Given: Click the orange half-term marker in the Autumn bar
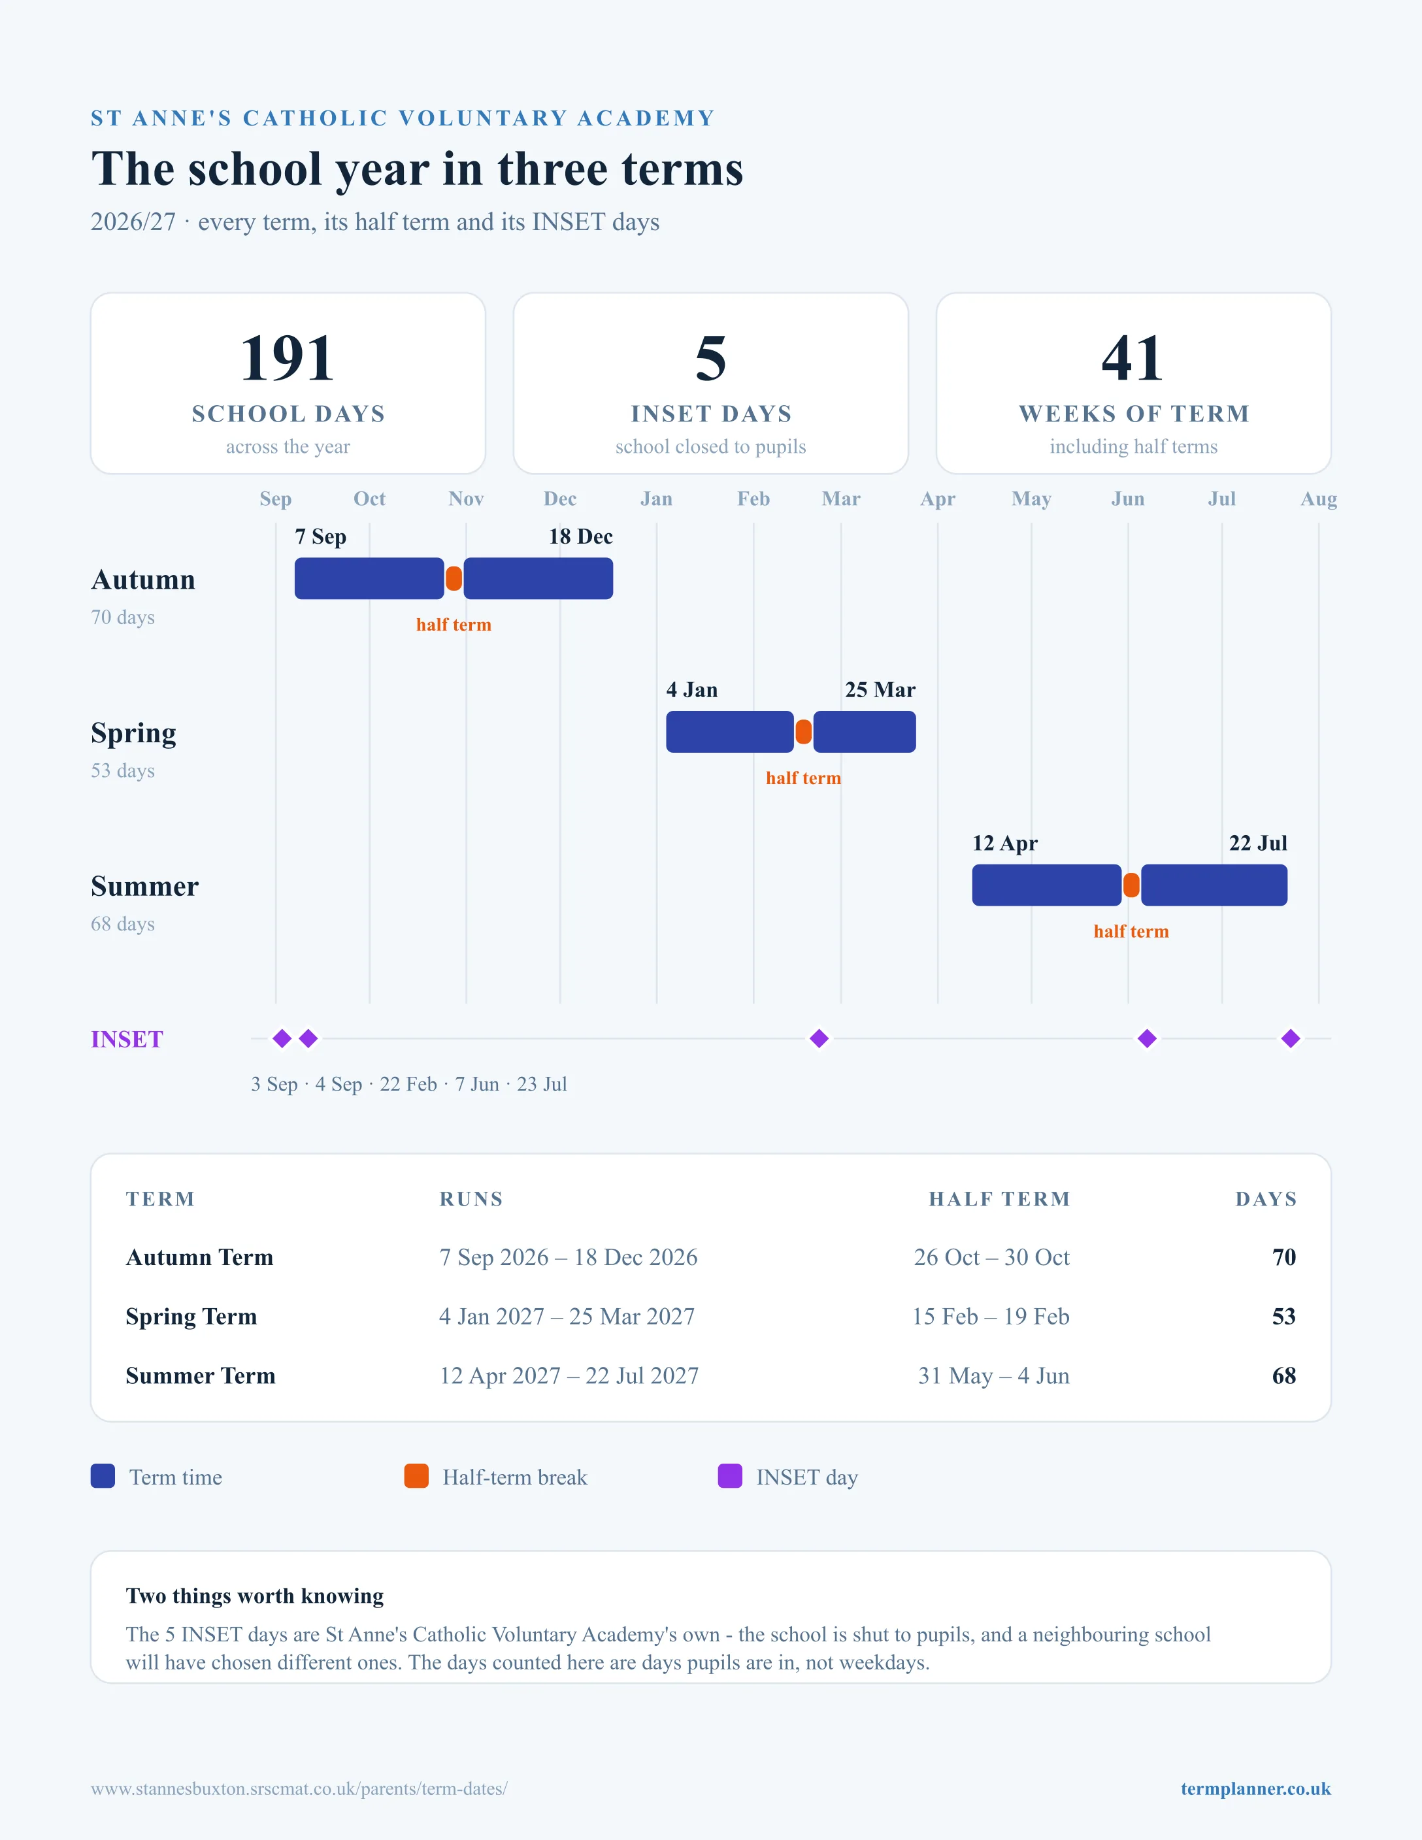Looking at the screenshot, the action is [454, 579].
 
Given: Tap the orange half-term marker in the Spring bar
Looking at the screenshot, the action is [804, 732].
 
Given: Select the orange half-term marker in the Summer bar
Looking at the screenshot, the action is [1131, 885].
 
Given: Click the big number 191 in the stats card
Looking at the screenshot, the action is [288, 358].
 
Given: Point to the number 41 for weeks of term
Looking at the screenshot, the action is [1133, 358].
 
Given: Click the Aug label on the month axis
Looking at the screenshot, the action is [1318, 499].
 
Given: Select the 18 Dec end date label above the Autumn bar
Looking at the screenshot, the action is [580, 536].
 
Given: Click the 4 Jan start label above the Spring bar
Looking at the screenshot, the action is [691, 690].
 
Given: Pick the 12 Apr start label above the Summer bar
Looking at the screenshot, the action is [1005, 844].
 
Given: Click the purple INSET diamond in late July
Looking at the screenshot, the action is [1291, 1039].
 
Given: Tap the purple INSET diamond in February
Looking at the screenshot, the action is [819, 1039].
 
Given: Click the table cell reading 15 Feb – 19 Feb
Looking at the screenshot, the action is [991, 1316].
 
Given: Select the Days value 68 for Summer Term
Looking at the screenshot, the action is [1284, 1376].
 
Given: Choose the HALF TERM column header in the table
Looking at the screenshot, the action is [999, 1199].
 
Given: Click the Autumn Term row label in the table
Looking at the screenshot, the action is [200, 1257].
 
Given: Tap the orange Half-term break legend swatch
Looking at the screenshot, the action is [416, 1476].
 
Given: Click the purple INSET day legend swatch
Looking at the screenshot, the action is [729, 1476].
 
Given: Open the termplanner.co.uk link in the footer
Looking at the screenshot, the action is [1255, 1788].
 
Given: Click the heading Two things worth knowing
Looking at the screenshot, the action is [254, 1596].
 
